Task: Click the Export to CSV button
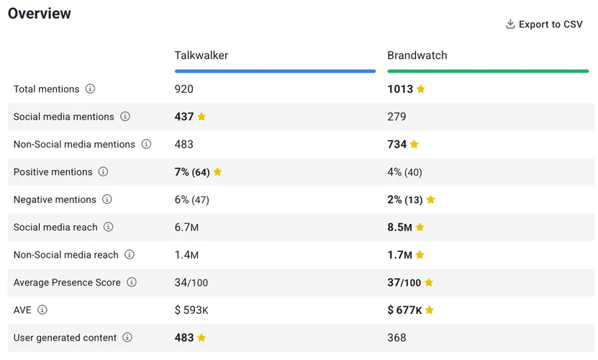tap(544, 24)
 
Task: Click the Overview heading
tap(40, 14)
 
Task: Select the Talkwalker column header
tap(201, 55)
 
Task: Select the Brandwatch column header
tap(417, 55)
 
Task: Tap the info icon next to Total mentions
tap(90, 89)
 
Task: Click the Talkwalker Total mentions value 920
tap(184, 89)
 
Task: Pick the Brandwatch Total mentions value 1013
tap(400, 89)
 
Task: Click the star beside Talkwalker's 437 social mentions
tap(201, 117)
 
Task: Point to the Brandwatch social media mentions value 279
tap(397, 117)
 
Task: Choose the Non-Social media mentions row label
tap(74, 144)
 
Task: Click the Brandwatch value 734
tap(397, 144)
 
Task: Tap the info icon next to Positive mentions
tap(103, 172)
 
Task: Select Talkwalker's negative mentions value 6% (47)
tap(191, 199)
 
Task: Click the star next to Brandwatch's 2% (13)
tap(430, 199)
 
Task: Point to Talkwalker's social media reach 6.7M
tap(186, 228)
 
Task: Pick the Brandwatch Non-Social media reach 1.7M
tap(399, 255)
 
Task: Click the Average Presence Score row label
tap(67, 282)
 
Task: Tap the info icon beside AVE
tap(42, 310)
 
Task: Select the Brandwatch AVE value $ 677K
tap(404, 310)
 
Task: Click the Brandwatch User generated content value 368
tap(397, 338)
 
